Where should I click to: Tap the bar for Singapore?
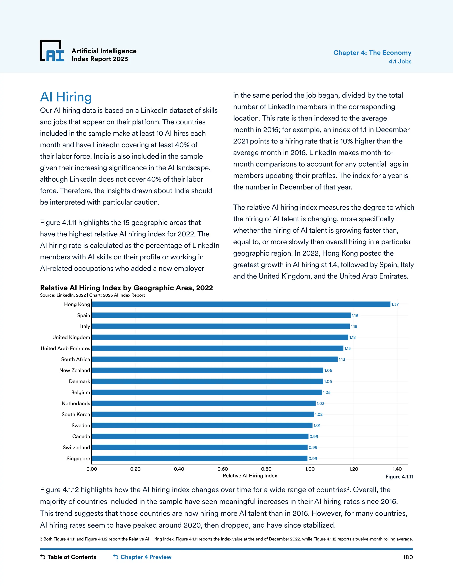pyautogui.click(x=199, y=458)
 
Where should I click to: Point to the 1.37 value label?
pyautogui.click(x=395, y=304)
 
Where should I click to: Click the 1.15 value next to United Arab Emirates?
pyautogui.click(x=347, y=349)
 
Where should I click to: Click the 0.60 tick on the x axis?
pyautogui.click(x=223, y=469)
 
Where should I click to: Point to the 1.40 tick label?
pyautogui.click(x=397, y=469)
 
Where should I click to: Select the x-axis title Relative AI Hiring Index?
pyautogui.click(x=250, y=476)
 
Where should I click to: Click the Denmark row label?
pyautogui.click(x=79, y=381)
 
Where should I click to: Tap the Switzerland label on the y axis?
pyautogui.click(x=76, y=447)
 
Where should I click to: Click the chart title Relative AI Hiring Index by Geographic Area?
pyautogui.click(x=126, y=288)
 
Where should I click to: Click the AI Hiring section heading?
pyautogui.click(x=66, y=97)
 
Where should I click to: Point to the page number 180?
pyautogui.click(x=408, y=557)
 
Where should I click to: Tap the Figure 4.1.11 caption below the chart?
pyautogui.click(x=399, y=477)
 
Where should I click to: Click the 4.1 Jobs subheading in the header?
pyautogui.click(x=400, y=61)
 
